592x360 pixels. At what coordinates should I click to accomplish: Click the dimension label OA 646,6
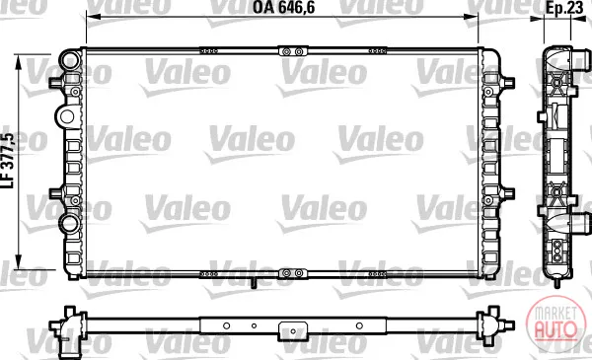tap(283, 7)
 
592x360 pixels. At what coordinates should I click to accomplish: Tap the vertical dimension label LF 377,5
tap(8, 161)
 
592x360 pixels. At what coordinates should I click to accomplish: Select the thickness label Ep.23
tap(564, 8)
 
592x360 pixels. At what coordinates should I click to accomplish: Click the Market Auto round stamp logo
tap(556, 324)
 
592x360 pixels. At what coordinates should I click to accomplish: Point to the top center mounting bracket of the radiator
tap(293, 51)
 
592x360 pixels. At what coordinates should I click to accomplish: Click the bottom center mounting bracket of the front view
tap(293, 273)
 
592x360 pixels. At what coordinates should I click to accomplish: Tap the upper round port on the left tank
tap(72, 59)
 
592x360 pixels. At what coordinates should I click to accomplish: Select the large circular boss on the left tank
tap(67, 116)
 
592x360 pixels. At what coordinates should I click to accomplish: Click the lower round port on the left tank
tap(70, 224)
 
